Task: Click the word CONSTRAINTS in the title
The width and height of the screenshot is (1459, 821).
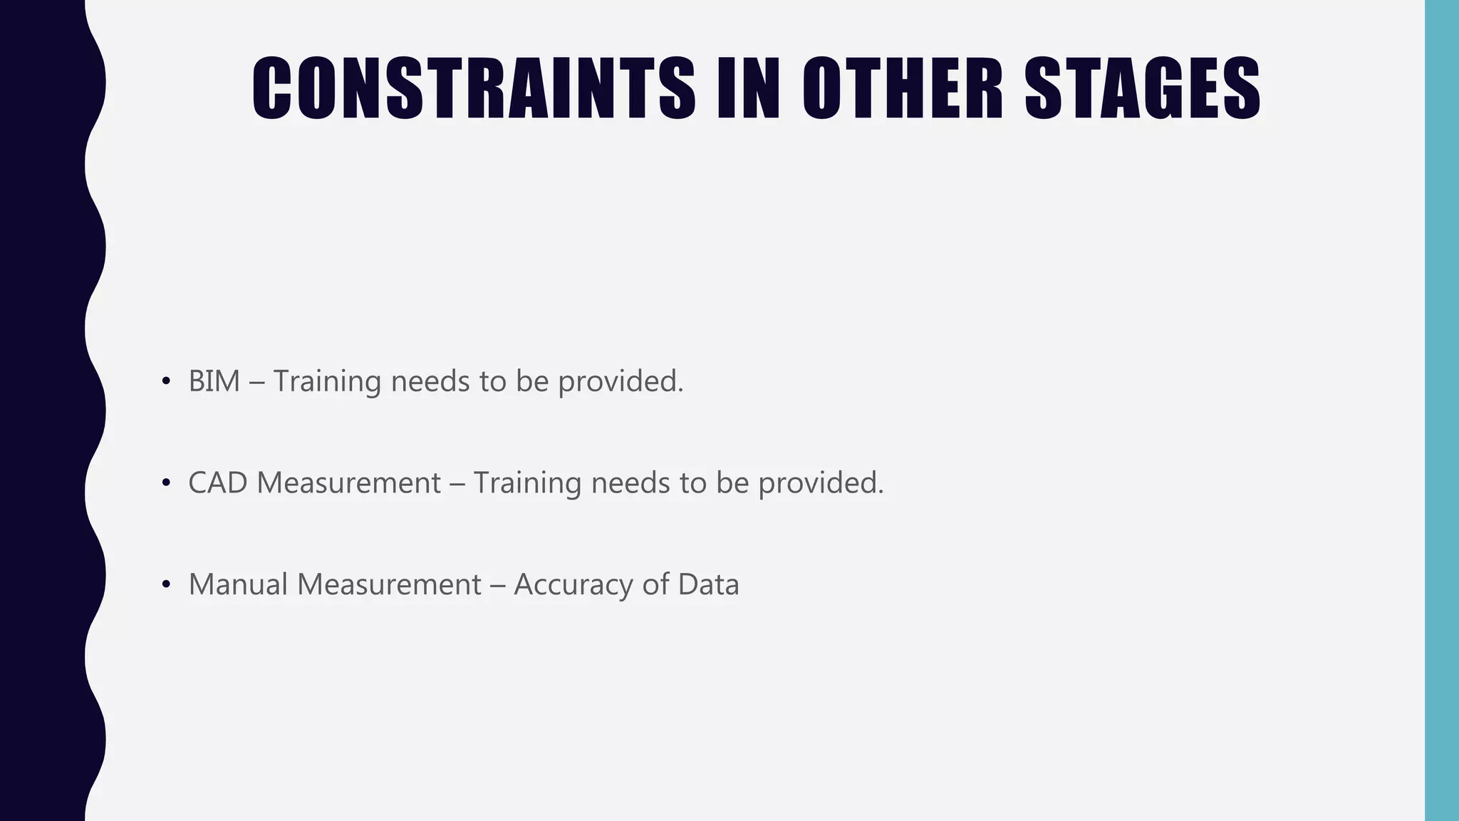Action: (473, 88)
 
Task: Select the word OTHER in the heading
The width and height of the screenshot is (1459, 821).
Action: (903, 88)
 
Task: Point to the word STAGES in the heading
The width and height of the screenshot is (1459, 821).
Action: (1143, 88)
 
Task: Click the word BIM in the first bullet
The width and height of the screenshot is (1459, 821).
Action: (214, 381)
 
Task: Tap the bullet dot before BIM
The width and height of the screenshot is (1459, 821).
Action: (166, 381)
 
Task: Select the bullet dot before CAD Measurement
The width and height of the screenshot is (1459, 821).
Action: (166, 483)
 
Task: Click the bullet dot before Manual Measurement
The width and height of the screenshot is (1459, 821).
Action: (166, 584)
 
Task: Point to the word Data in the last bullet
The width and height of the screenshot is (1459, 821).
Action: (708, 584)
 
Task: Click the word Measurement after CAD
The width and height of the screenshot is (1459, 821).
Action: (348, 483)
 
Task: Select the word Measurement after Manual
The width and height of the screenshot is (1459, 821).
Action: (389, 584)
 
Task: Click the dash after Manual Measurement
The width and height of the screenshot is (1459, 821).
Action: (497, 585)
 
